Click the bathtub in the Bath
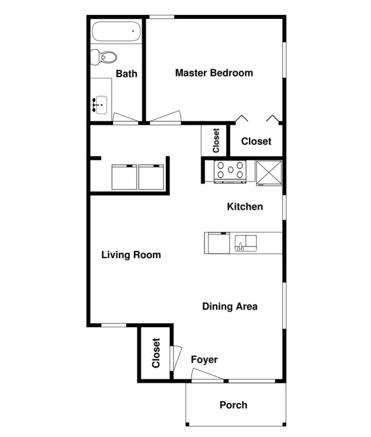coord(116,31)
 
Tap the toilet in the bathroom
coord(103,57)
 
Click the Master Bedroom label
coord(214,73)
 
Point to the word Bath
coord(127,74)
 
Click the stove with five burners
coord(230,171)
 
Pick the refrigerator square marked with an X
coord(269,173)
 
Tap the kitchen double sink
coord(246,243)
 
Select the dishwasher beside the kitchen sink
coord(217,243)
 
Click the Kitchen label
coord(245,207)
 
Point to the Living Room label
coord(131,255)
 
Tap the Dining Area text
coord(230,306)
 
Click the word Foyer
coord(204,360)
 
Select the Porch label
coord(234,405)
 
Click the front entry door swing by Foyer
coord(207,374)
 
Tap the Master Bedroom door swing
coord(166,117)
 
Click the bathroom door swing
coord(125,117)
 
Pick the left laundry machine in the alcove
coord(124,178)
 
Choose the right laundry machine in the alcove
coord(151,178)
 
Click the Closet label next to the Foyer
coord(156,353)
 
